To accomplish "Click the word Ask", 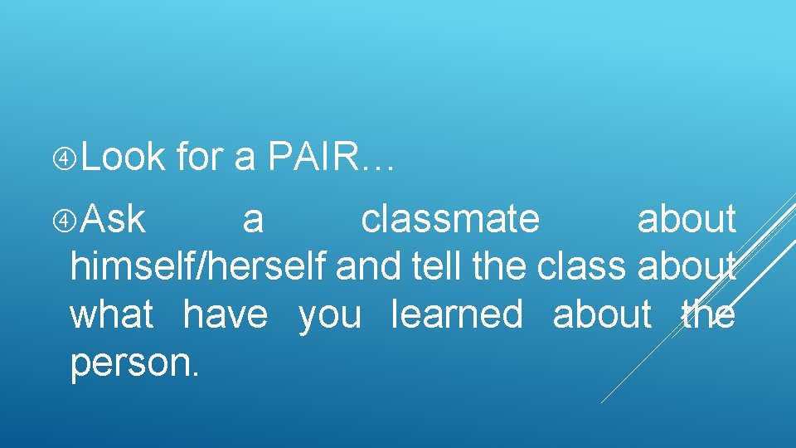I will coord(115,220).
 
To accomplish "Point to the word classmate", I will coord(450,220).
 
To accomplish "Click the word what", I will coord(111,315).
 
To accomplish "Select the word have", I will coord(226,315).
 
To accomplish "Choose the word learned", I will coord(457,315).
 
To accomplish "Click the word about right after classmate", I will coord(686,220).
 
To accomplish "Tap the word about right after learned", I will coord(602,315).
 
